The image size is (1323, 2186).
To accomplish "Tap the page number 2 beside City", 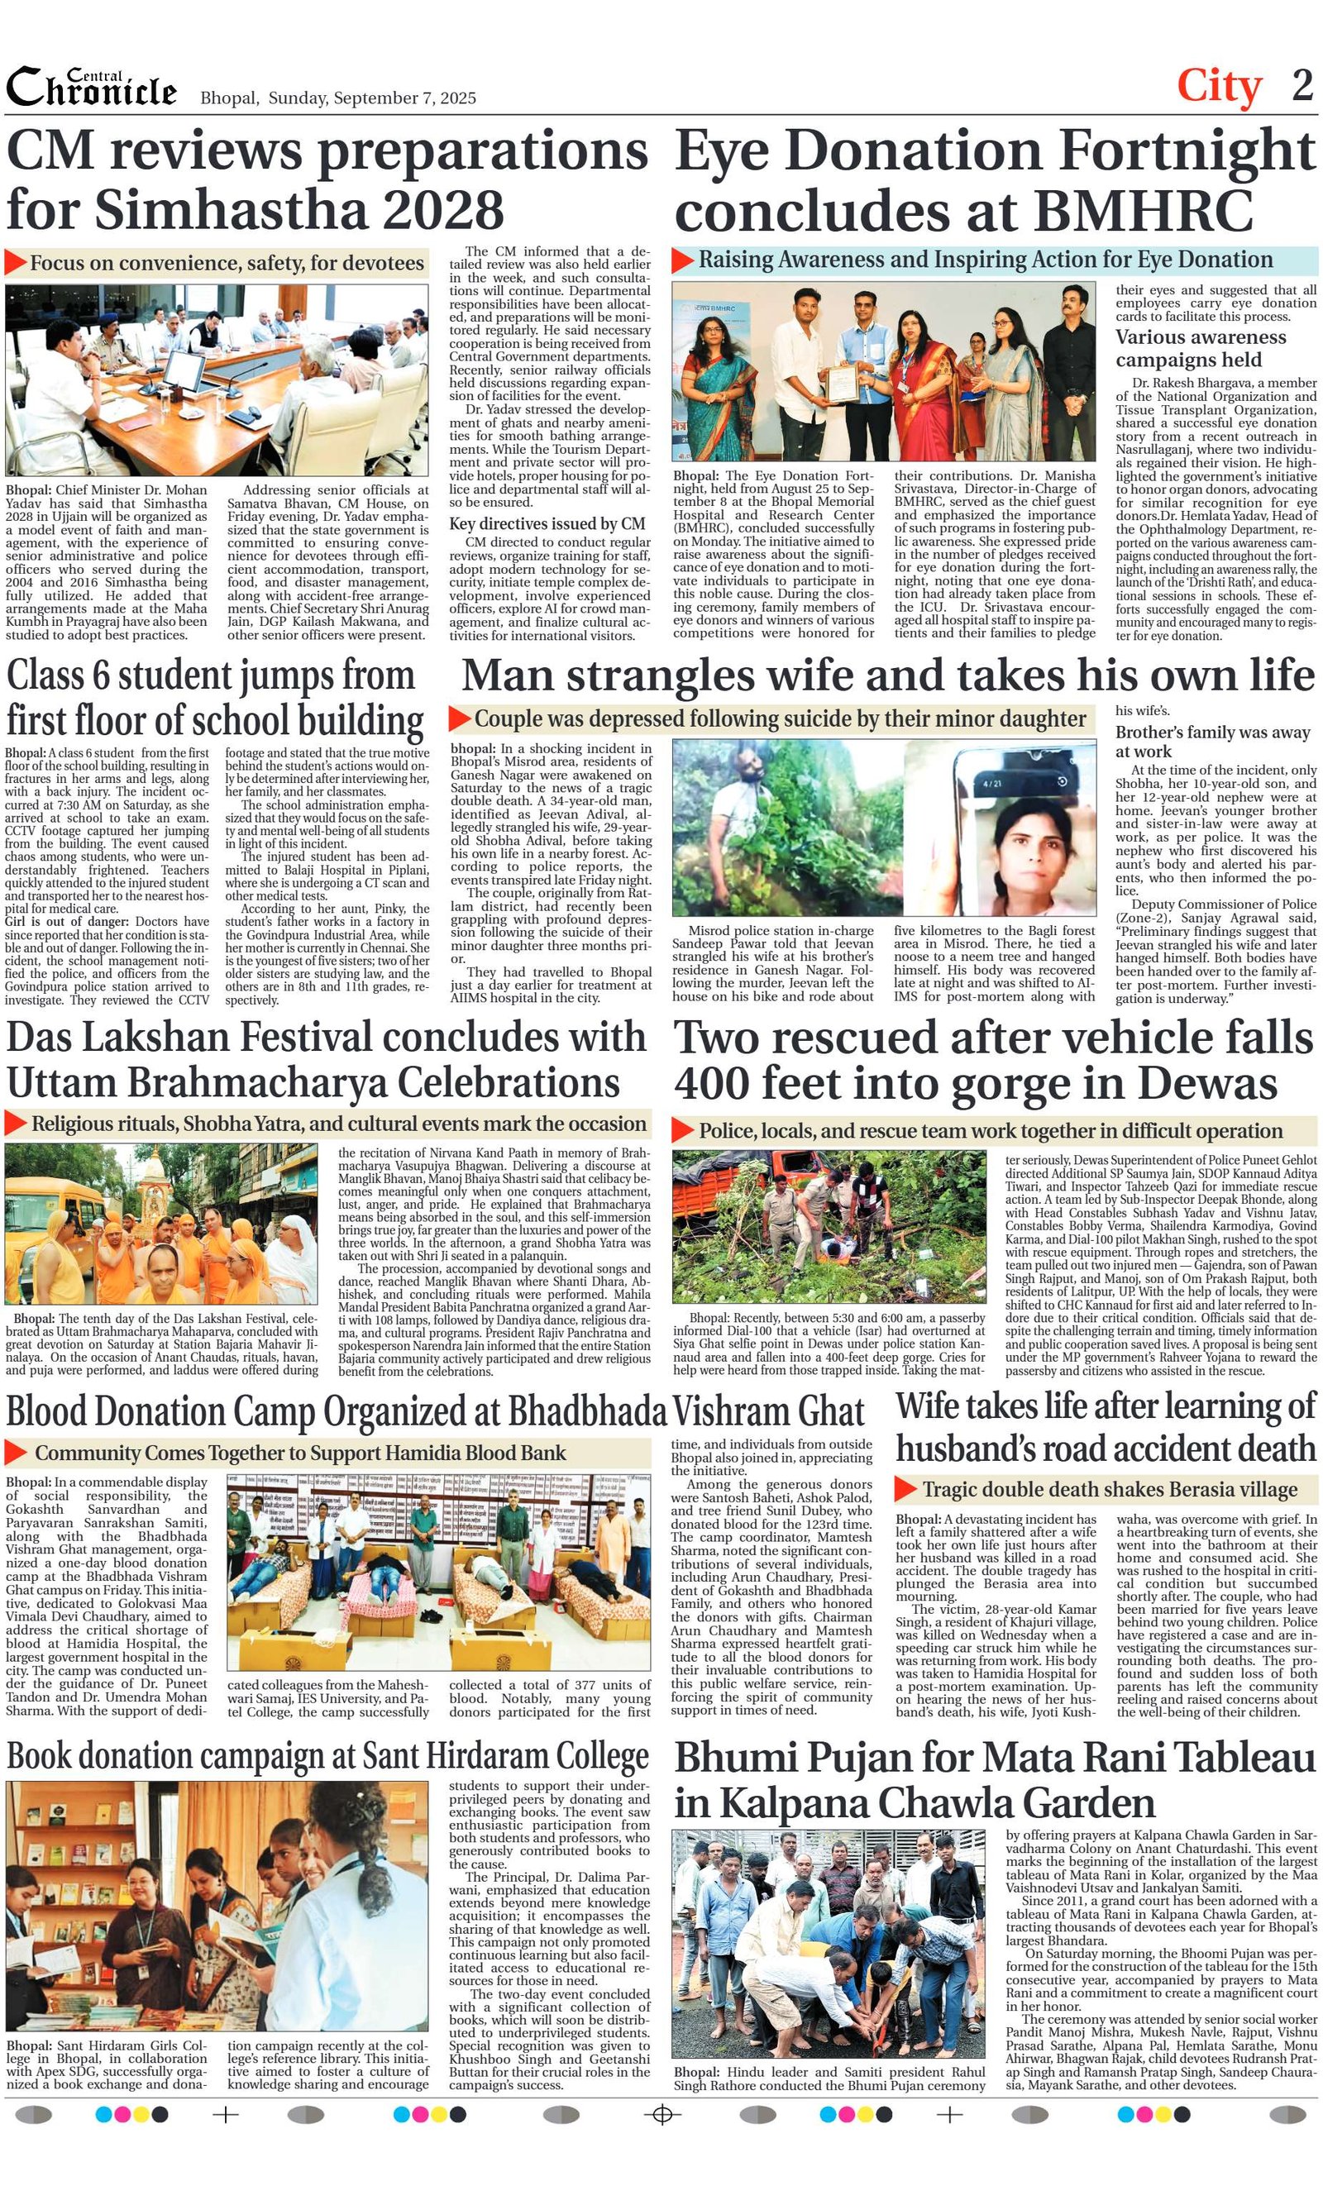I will pos(1302,86).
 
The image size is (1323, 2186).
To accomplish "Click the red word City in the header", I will pos(1218,87).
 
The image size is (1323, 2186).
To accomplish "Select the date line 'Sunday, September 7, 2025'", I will pos(372,98).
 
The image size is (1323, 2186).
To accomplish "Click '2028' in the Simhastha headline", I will pos(444,210).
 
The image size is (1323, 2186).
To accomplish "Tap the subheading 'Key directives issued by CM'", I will pos(547,523).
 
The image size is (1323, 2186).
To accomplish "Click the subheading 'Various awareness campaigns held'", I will pos(1201,348).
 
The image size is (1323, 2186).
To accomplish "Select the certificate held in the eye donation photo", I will pos(840,384).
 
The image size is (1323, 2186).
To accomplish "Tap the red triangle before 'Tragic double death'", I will pos(905,1488).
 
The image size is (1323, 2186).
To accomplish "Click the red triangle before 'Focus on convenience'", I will pos(15,263).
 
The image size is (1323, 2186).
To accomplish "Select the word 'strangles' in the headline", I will pos(666,675).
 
